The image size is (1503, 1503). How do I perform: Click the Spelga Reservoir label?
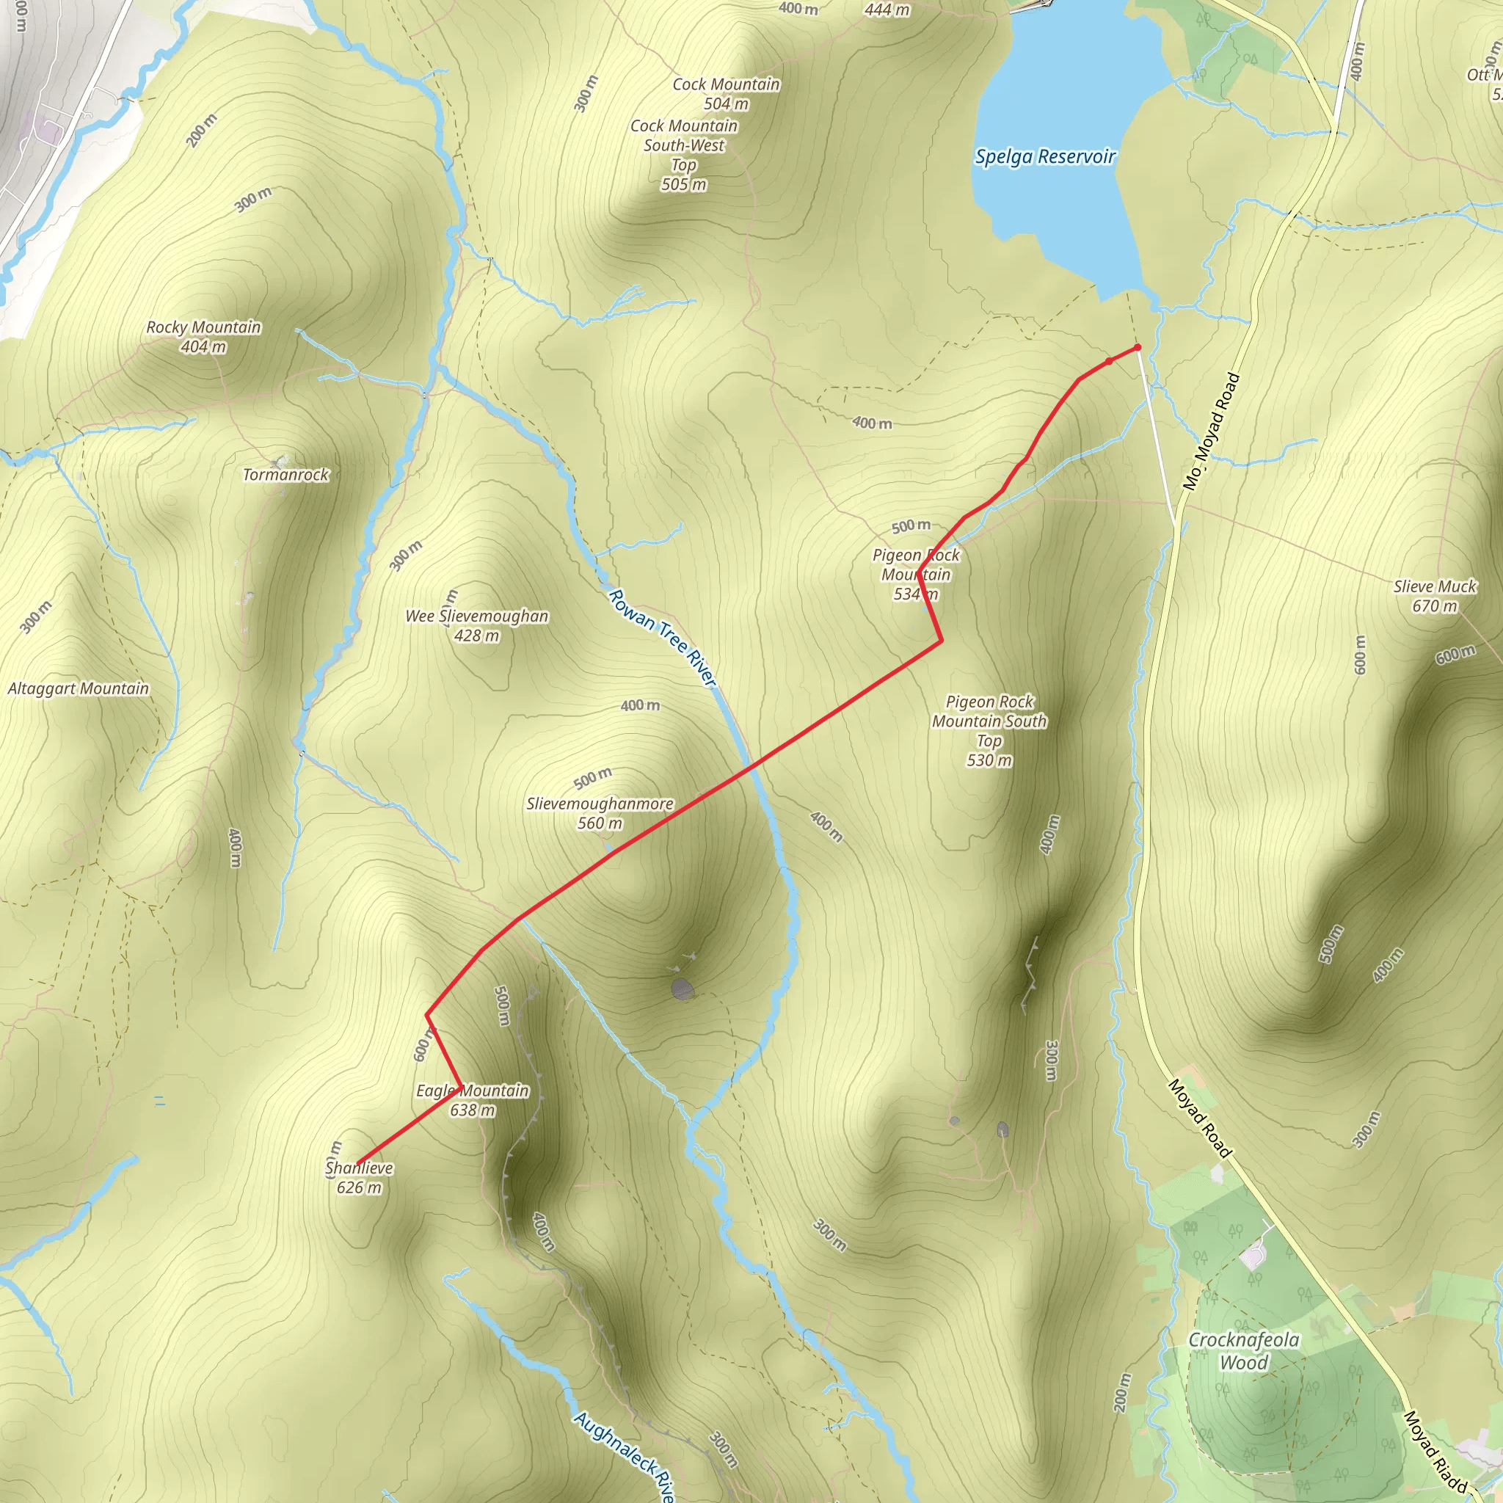coord(1045,157)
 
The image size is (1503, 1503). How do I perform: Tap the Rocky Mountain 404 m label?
coord(204,337)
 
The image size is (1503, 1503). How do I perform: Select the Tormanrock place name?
coord(285,475)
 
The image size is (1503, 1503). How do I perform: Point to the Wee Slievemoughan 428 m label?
coord(477,625)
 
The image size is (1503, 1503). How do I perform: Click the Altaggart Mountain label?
coord(78,688)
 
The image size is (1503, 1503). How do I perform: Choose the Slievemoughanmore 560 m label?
coord(600,813)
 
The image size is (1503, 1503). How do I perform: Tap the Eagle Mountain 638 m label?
coord(472,1100)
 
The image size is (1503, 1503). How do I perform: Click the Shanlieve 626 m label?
coord(360,1178)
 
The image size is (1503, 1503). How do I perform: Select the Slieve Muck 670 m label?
coord(1435,596)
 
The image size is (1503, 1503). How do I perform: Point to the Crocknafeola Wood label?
coord(1243,1350)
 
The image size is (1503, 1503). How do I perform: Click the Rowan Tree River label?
coord(661,638)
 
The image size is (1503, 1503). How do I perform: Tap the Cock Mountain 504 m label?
coord(726,93)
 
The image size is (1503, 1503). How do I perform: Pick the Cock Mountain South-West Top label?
coord(684,155)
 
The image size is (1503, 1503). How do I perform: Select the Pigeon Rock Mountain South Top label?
coord(989,730)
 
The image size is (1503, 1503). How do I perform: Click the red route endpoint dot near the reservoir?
coord(1138,347)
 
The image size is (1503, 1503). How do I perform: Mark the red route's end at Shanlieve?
coord(357,1164)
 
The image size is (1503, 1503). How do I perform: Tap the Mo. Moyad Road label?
coord(1210,431)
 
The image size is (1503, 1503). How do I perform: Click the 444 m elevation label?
coord(887,10)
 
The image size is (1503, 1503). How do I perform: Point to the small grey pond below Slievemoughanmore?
coord(682,989)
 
